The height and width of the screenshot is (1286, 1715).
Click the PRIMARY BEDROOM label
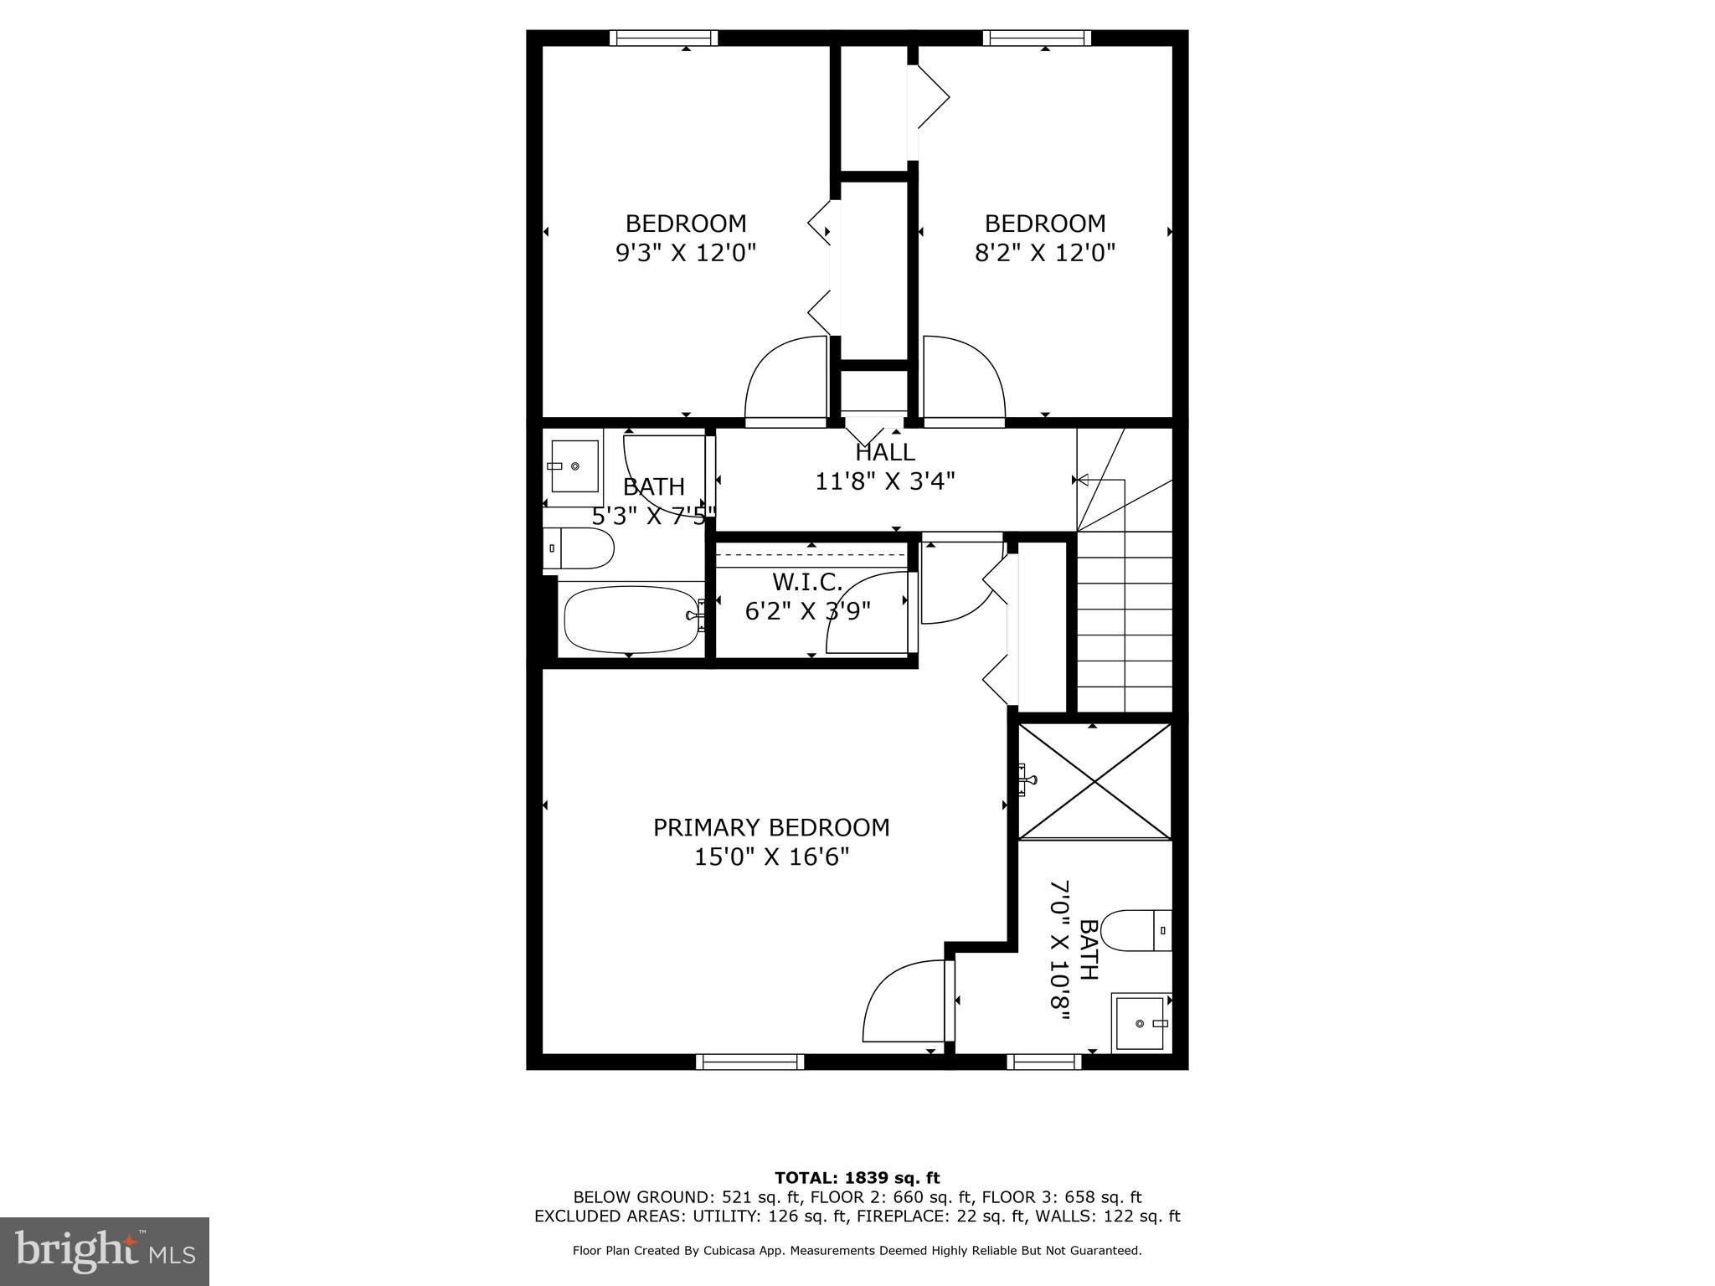pyautogui.click(x=770, y=827)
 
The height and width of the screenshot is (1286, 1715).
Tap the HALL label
pyautogui.click(x=885, y=453)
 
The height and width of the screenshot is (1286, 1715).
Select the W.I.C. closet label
pyautogui.click(x=806, y=581)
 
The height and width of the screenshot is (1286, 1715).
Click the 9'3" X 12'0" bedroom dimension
pyautogui.click(x=686, y=253)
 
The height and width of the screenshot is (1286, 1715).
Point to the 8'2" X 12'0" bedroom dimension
pyautogui.click(x=1044, y=253)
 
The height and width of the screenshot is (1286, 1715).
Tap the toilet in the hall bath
pyautogui.click(x=579, y=548)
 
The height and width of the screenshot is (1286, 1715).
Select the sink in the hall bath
pyautogui.click(x=574, y=466)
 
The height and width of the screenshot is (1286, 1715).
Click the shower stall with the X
pyautogui.click(x=1094, y=780)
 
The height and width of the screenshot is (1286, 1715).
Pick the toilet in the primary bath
pyautogui.click(x=1136, y=930)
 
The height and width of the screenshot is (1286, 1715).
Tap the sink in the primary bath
pyautogui.click(x=1140, y=1023)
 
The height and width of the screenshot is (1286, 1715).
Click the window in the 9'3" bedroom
pyautogui.click(x=663, y=38)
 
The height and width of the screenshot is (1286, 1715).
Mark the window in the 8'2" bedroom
pyautogui.click(x=1037, y=38)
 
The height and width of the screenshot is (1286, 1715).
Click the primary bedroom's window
pyautogui.click(x=749, y=1062)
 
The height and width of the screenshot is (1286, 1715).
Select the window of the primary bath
pyautogui.click(x=1043, y=1062)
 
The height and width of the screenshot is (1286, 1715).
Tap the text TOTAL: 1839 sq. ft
pyautogui.click(x=857, y=1178)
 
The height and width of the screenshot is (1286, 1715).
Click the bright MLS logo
pyautogui.click(x=105, y=1251)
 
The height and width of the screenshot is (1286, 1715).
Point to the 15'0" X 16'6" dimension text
pyautogui.click(x=770, y=857)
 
